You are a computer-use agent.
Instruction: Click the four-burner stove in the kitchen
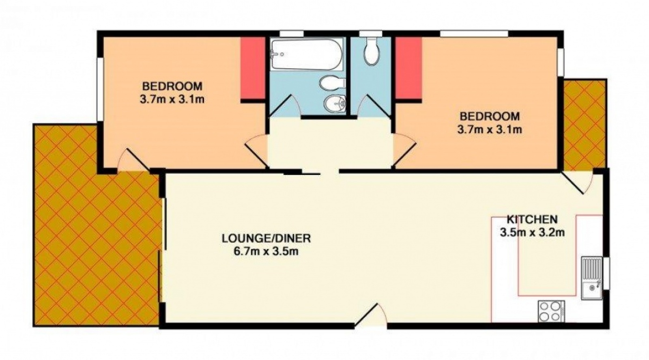pyautogui.click(x=551, y=311)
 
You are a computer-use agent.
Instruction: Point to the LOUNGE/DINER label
pyautogui.click(x=266, y=238)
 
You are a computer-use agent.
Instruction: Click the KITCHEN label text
pyautogui.click(x=532, y=220)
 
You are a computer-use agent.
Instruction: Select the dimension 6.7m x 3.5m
pyautogui.click(x=266, y=251)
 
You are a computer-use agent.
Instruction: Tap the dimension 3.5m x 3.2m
pyautogui.click(x=532, y=233)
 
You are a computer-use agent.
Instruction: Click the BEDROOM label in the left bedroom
pyautogui.click(x=172, y=86)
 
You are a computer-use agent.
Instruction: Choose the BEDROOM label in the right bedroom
pyautogui.click(x=490, y=116)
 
